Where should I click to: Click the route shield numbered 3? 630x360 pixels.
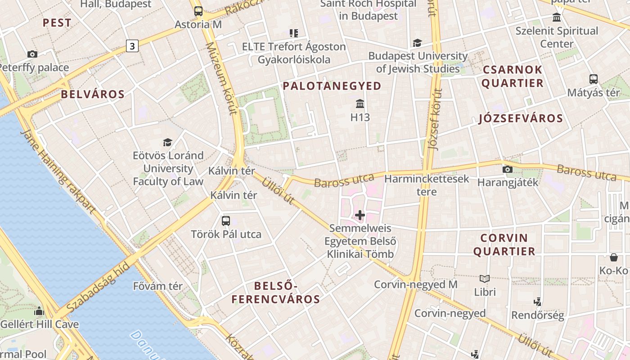click(x=132, y=45)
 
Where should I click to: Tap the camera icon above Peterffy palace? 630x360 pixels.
click(x=32, y=54)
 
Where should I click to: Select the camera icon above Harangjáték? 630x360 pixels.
click(x=508, y=169)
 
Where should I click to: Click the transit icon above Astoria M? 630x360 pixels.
click(x=198, y=11)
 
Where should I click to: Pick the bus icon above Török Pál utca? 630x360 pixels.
click(x=226, y=221)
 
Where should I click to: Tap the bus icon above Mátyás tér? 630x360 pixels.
click(x=594, y=79)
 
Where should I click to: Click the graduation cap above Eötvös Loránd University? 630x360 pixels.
click(x=168, y=142)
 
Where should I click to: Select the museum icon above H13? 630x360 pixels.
click(x=360, y=104)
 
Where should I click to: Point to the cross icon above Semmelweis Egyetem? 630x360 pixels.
click(x=360, y=215)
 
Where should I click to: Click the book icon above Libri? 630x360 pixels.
click(x=485, y=279)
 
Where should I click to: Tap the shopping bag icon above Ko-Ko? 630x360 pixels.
click(x=613, y=257)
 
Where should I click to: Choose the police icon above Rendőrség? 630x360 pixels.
click(x=537, y=301)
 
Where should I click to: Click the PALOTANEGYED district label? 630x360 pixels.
click(x=332, y=86)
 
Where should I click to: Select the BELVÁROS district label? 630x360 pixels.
click(x=92, y=94)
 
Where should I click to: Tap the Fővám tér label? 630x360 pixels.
click(x=158, y=286)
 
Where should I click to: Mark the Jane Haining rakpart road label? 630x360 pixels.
click(x=58, y=171)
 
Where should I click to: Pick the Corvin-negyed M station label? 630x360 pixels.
click(x=416, y=284)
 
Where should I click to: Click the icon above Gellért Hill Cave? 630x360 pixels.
click(x=39, y=311)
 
